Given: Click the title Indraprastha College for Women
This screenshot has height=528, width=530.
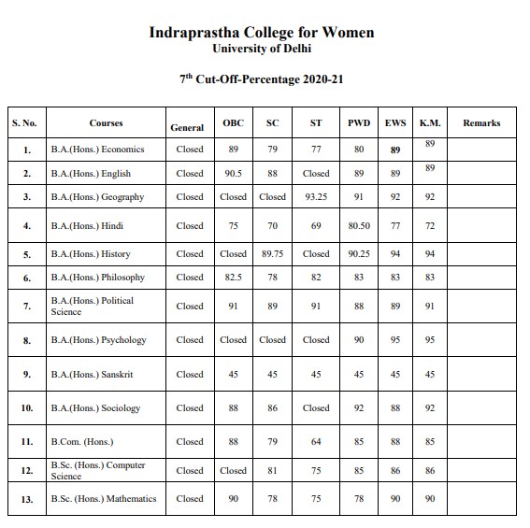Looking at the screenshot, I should pyautogui.click(x=262, y=33).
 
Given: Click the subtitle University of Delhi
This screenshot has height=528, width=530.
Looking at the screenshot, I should pyautogui.click(x=262, y=49).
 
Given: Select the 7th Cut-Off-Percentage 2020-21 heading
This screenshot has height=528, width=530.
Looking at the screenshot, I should pyautogui.click(x=262, y=79).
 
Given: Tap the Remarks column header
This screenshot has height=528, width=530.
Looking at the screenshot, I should pyautogui.click(x=481, y=123).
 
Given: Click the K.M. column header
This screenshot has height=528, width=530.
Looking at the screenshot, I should pyautogui.click(x=430, y=123).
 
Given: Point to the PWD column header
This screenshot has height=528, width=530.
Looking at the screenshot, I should pyautogui.click(x=359, y=123).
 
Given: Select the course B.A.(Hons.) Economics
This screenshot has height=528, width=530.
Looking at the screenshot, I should pyautogui.click(x=91, y=150).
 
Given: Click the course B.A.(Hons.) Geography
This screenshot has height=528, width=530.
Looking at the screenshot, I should pyautogui.click(x=97, y=197).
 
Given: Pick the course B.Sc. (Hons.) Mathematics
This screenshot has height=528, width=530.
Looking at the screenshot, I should pyautogui.click(x=104, y=499).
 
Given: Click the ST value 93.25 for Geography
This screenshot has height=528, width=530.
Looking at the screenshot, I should pyautogui.click(x=316, y=197).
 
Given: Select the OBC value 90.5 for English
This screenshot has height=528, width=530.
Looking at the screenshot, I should pyautogui.click(x=234, y=173).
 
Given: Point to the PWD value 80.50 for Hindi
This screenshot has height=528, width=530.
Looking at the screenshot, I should pyautogui.click(x=359, y=225).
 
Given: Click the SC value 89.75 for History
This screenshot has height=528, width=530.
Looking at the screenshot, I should pyautogui.click(x=273, y=253).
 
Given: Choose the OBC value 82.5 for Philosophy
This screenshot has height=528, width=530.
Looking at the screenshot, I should pyautogui.click(x=234, y=277).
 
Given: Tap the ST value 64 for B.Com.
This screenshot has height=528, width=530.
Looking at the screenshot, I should pyautogui.click(x=316, y=442).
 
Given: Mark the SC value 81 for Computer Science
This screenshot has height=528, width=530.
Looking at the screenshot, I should pyautogui.click(x=273, y=471).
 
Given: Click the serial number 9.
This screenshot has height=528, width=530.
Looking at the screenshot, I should pyautogui.click(x=27, y=375).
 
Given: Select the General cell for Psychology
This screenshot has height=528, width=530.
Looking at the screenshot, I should pyautogui.click(x=190, y=340).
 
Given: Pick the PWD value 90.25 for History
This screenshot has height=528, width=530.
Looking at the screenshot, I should pyautogui.click(x=359, y=253).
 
